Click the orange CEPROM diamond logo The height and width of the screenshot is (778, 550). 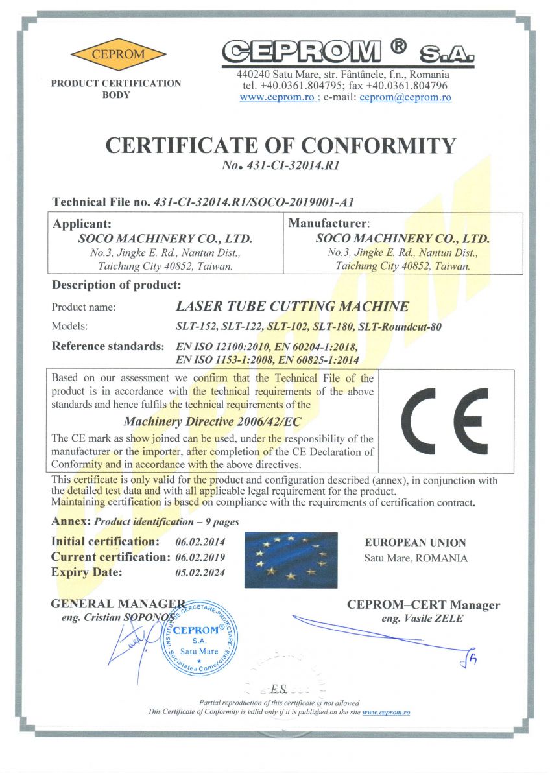(118, 54)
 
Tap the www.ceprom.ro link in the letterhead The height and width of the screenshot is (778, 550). (277, 97)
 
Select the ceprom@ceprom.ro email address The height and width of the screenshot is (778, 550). (405, 97)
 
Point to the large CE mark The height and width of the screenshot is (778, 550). (444, 421)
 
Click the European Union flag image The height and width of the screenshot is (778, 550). (291, 560)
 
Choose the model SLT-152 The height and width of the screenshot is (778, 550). (195, 327)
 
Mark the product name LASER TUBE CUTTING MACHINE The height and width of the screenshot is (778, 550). (293, 306)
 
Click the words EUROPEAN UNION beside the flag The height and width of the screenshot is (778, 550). (415, 543)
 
